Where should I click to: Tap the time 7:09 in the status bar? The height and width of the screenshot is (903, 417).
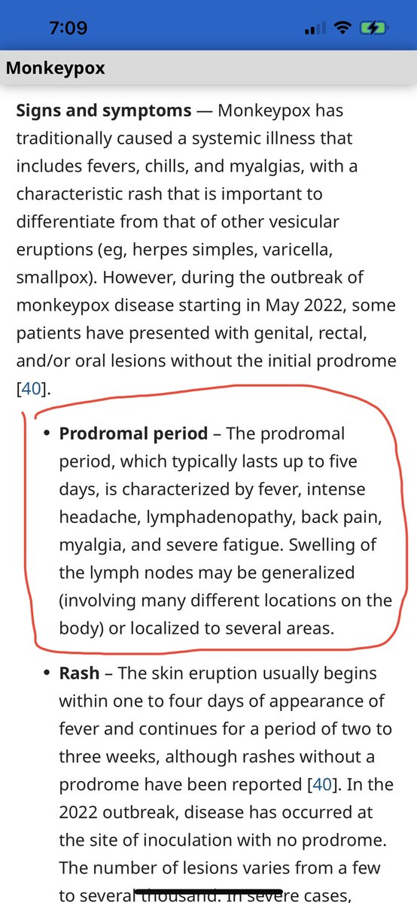[68, 28]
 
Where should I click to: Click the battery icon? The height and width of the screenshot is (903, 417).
[373, 29]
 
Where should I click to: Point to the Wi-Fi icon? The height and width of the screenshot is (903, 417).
[344, 29]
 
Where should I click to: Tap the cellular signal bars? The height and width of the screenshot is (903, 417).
[315, 29]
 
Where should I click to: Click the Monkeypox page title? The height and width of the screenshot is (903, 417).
[55, 68]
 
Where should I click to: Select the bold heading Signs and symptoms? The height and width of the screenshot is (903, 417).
[104, 111]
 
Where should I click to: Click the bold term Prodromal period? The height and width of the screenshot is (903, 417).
[133, 433]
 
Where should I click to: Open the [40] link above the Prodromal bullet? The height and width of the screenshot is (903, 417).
[29, 388]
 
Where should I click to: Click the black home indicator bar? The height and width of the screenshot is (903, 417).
[208, 892]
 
